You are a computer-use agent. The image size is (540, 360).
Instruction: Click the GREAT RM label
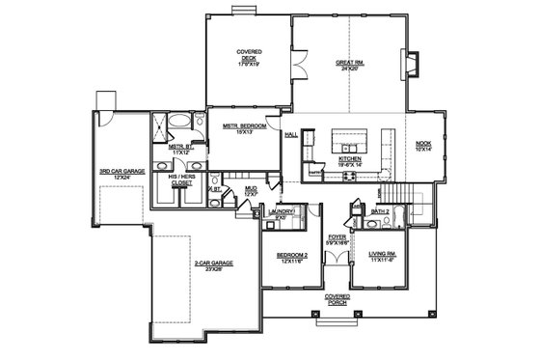click(348, 65)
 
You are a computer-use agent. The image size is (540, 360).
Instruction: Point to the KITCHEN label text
click(348, 159)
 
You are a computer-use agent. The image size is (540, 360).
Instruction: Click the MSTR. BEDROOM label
click(243, 128)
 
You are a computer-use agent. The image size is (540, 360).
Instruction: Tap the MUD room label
click(250, 192)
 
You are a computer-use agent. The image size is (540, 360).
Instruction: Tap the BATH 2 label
click(380, 210)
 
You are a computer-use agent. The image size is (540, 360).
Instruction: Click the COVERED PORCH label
click(337, 300)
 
